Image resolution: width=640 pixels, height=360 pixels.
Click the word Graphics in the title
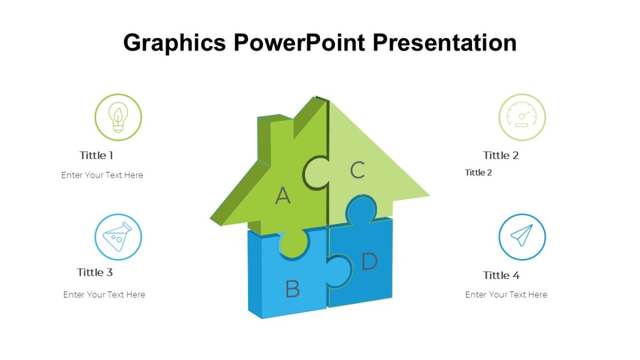(x=174, y=43)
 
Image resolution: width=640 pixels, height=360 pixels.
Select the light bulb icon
(x=118, y=117)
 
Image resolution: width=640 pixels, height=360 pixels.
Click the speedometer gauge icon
(x=522, y=117)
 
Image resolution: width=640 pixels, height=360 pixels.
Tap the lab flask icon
(x=118, y=237)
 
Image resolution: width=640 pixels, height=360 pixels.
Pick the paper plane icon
(x=522, y=237)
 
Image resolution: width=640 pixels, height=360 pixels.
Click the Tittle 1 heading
(x=97, y=155)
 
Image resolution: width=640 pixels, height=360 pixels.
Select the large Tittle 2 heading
(x=501, y=155)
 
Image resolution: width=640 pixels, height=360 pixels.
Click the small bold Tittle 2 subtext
(x=478, y=172)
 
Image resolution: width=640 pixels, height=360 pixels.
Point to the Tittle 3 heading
(x=95, y=272)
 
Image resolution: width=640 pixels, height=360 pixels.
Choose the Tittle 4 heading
(x=501, y=275)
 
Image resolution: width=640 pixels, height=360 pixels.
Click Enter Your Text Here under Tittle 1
(x=102, y=175)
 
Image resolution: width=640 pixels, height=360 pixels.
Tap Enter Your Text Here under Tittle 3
(x=104, y=294)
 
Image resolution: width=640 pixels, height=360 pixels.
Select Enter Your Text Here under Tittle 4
(x=506, y=294)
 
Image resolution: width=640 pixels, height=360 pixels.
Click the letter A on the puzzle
(x=283, y=196)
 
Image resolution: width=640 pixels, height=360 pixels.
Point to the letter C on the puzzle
(x=357, y=170)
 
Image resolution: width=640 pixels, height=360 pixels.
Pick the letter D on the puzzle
(x=369, y=261)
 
